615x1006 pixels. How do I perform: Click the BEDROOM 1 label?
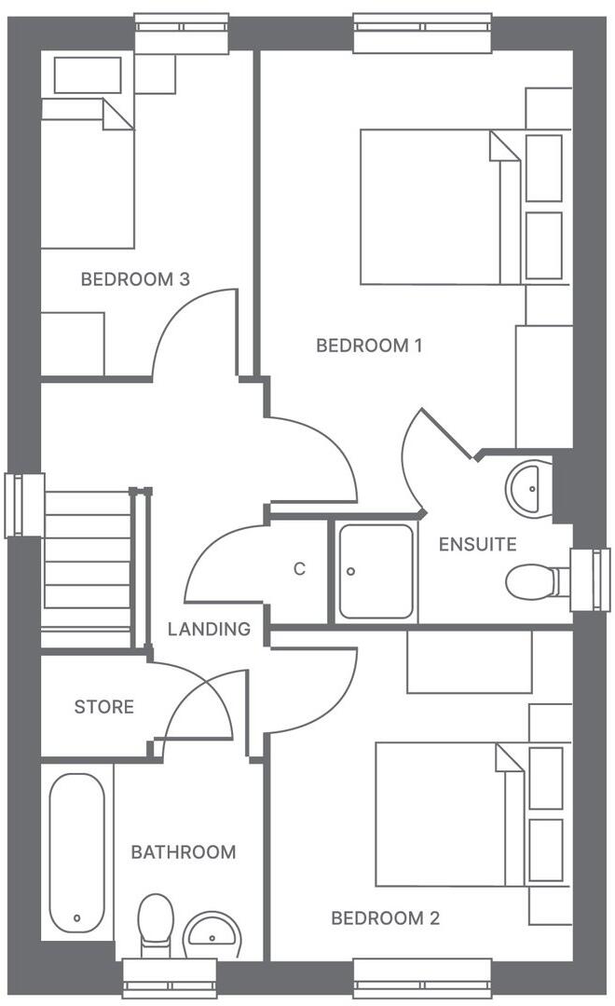pyautogui.click(x=369, y=346)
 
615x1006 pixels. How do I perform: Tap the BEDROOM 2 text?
pyautogui.click(x=385, y=918)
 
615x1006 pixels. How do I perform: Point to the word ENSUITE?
pyautogui.click(x=477, y=544)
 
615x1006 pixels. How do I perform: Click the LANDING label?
pyautogui.click(x=209, y=629)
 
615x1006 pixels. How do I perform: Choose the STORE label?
pyautogui.click(x=103, y=707)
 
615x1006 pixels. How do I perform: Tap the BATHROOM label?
pyautogui.click(x=183, y=851)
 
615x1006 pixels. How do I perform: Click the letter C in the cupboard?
pyautogui.click(x=299, y=569)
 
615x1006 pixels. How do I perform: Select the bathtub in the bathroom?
pyautogui.click(x=76, y=852)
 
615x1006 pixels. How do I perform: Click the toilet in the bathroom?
pyautogui.click(x=155, y=922)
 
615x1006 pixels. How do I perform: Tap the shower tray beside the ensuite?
pyautogui.click(x=376, y=571)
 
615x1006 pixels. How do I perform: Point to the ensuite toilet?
pyautogui.click(x=533, y=582)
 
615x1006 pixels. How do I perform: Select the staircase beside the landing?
pyautogui.click(x=88, y=568)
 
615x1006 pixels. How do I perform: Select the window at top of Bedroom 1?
pyautogui.click(x=422, y=33)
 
